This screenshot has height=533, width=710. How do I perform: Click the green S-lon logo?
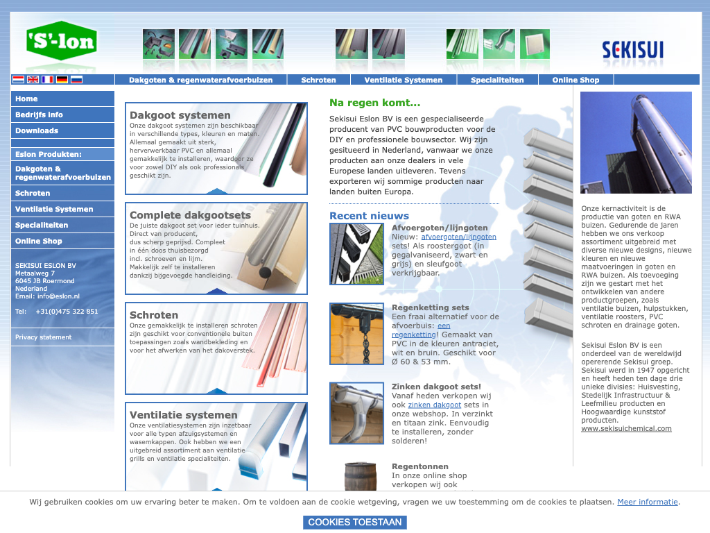pyautogui.click(x=62, y=41)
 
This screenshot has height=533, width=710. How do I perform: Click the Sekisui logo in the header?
pyautogui.click(x=632, y=49)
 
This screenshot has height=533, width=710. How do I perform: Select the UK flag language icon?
pyautogui.click(x=33, y=79)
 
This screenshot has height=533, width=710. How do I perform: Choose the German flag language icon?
pyautogui.click(x=62, y=79)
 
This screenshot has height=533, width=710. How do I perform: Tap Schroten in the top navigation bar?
pyautogui.click(x=318, y=80)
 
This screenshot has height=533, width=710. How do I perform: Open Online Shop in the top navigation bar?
pyautogui.click(x=575, y=80)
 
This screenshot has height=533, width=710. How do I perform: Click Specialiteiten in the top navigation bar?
pyautogui.click(x=497, y=80)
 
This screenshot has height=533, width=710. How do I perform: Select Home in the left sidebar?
pyautogui.click(x=26, y=99)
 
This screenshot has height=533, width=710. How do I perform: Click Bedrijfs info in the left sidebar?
pyautogui.click(x=39, y=115)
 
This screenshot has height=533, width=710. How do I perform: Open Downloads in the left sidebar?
pyautogui.click(x=37, y=130)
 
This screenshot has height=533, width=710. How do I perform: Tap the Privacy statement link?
pyautogui.click(x=44, y=337)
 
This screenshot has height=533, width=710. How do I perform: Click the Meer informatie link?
pyautogui.click(x=648, y=502)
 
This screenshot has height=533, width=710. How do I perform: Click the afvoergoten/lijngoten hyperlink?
pyautogui.click(x=459, y=237)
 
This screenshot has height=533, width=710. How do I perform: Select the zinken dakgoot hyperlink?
pyautogui.click(x=434, y=405)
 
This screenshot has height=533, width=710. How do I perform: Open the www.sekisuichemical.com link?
pyautogui.click(x=626, y=428)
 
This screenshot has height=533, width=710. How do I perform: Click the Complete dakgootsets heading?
pyautogui.click(x=190, y=215)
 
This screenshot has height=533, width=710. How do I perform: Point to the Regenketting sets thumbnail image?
pyautogui.click(x=357, y=334)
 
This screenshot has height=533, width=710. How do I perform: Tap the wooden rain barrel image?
pyautogui.click(x=361, y=476)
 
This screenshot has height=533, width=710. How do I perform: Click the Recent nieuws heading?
pyautogui.click(x=369, y=216)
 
